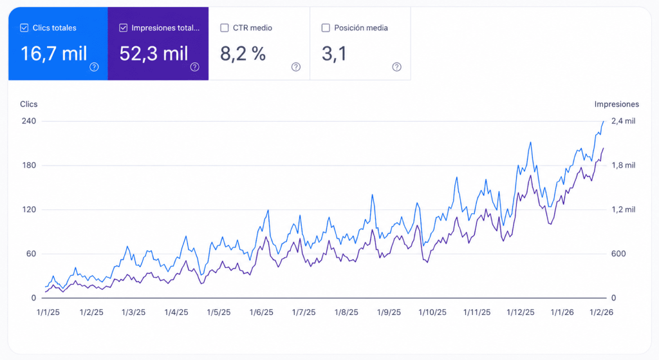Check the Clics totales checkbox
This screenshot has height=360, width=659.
tap(24, 28)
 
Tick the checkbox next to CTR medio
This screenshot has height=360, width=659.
tap(225, 28)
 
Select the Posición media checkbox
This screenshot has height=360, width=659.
tap(326, 28)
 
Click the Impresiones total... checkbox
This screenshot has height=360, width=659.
tap(123, 28)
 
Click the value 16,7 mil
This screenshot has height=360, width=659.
tap(54, 54)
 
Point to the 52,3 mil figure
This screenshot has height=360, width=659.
tap(154, 54)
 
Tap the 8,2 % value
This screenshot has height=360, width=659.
tap(243, 54)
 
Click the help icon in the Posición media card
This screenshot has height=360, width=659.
tap(396, 67)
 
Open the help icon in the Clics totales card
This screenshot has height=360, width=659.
tap(94, 67)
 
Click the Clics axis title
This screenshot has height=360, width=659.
tap(28, 104)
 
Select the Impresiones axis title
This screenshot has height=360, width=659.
tap(617, 104)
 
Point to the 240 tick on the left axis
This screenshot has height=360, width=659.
tap(29, 121)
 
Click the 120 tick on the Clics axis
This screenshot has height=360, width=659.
tap(29, 209)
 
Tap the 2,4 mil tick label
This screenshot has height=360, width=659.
tap(623, 121)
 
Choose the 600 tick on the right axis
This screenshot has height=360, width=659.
tap(618, 254)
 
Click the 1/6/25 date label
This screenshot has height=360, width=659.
tap(261, 312)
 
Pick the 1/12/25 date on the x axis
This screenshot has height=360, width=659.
tap(520, 312)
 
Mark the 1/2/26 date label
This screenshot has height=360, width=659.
tap(601, 312)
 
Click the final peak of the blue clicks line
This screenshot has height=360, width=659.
tap(604, 122)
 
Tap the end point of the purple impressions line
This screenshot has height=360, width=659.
tap(604, 148)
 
